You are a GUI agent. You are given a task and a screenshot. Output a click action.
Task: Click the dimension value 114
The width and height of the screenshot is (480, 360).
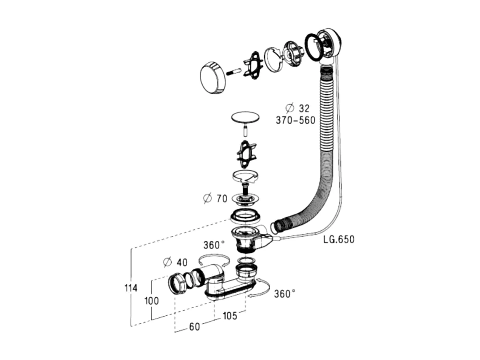(x=131, y=288)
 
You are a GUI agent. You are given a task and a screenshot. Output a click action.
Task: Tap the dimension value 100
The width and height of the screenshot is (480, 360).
(x=152, y=301)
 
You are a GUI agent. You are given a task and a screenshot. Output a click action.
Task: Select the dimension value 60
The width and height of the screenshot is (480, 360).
(x=194, y=327)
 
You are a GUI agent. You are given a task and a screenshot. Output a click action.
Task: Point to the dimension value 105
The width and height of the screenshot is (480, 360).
(x=230, y=316)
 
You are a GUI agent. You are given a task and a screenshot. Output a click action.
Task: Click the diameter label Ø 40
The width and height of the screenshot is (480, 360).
(x=175, y=262)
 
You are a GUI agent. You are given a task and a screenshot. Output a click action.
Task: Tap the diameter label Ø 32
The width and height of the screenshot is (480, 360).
(x=297, y=108)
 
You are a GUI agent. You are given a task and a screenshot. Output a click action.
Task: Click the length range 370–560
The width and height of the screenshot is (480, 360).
(x=295, y=120)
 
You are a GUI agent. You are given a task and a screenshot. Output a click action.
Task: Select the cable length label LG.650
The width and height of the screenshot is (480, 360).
(x=339, y=239)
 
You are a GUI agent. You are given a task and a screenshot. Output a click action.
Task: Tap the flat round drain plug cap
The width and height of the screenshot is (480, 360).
(x=245, y=117)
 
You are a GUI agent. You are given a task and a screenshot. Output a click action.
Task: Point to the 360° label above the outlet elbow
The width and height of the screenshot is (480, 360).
(x=214, y=245)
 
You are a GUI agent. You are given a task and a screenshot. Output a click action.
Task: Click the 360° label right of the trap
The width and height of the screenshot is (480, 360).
(x=284, y=294)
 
